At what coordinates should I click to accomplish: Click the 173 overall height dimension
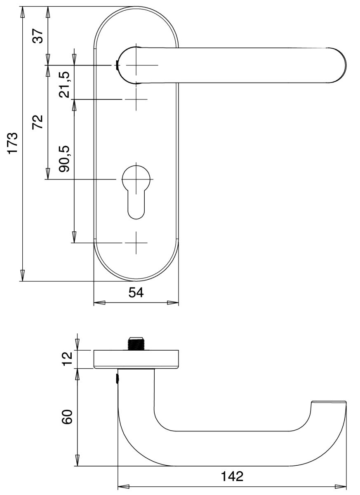(x=13, y=143)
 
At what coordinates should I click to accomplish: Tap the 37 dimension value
(x=38, y=36)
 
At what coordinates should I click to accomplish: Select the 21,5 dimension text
(x=64, y=85)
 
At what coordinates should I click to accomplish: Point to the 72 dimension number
(x=38, y=122)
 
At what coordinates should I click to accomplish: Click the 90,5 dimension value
(x=64, y=159)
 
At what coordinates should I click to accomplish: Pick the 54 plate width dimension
(x=136, y=292)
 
